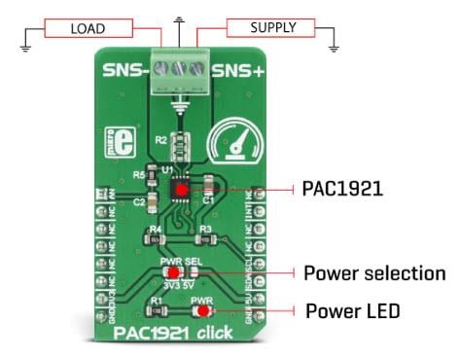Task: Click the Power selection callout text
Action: coord(374,272)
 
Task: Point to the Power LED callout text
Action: coord(352,311)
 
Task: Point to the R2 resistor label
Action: coord(160,140)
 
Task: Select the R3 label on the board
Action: coord(204,229)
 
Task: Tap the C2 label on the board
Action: coord(139,201)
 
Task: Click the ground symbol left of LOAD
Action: coord(26,43)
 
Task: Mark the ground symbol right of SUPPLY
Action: coord(333,43)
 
